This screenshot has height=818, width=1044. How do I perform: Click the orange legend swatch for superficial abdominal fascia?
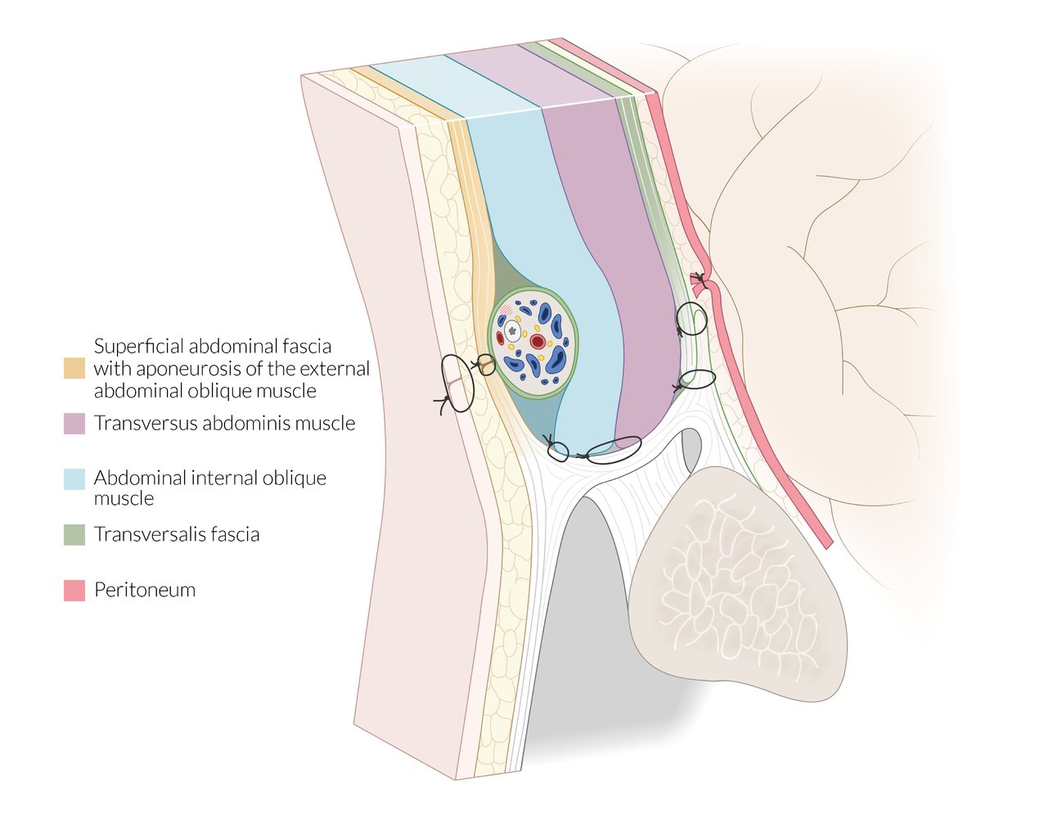74,368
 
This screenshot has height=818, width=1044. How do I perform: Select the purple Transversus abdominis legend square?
74,424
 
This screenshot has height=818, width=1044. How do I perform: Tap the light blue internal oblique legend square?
74,479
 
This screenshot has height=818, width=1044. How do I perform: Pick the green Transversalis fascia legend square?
74,535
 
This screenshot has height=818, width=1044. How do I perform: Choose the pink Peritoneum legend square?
74,591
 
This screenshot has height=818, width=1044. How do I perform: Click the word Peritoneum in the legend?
145,590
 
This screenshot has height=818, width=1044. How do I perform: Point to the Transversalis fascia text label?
177,534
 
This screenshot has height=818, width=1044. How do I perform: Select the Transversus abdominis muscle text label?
225,423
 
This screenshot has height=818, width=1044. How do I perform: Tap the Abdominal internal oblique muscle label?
210,488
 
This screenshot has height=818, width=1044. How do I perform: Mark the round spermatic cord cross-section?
533,343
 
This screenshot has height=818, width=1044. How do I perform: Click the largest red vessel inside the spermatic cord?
538,341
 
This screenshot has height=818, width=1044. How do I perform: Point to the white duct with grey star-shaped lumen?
513,331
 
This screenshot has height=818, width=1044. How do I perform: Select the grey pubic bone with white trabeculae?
737,583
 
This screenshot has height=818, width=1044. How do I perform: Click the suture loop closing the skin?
457,384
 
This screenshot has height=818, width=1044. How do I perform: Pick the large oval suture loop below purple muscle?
614,450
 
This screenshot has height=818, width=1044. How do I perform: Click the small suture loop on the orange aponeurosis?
486,365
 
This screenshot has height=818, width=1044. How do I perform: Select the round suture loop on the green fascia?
691,318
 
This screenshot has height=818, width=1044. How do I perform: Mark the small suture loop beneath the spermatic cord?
558,452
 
